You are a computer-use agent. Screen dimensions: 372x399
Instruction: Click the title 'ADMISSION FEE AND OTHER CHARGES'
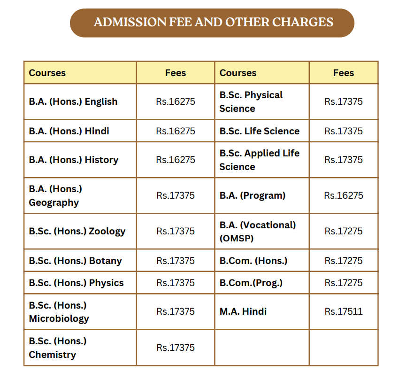click(x=213, y=22)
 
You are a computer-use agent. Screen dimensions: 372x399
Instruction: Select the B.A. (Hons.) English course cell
click(x=73, y=101)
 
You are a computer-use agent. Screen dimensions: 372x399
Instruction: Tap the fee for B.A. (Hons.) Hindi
click(x=176, y=131)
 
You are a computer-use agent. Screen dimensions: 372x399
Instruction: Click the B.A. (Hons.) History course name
click(x=74, y=160)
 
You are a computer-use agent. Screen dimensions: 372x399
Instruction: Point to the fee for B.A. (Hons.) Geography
click(x=176, y=195)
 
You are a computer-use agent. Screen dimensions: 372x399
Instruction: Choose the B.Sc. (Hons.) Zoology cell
click(x=77, y=231)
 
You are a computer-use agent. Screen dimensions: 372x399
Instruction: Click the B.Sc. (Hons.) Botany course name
click(x=75, y=261)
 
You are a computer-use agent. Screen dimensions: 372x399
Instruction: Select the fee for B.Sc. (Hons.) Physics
click(x=176, y=283)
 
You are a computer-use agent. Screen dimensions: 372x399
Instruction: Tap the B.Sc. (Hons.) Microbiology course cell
click(x=59, y=312)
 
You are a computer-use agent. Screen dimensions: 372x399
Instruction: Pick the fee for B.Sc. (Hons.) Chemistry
click(x=176, y=348)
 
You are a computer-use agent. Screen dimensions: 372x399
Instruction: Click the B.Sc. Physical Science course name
click(x=251, y=101)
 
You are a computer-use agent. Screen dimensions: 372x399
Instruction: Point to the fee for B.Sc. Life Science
click(x=344, y=131)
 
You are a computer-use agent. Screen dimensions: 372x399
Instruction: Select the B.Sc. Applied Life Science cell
click(x=259, y=160)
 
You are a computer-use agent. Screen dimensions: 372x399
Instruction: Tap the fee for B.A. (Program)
click(x=344, y=195)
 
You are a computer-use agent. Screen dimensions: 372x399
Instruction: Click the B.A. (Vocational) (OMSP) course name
click(x=258, y=231)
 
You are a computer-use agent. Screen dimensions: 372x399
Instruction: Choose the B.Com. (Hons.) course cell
click(x=253, y=261)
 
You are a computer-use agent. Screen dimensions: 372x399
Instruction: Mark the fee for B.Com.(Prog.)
click(x=344, y=283)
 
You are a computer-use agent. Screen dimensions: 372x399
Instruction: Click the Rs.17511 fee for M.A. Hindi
click(x=344, y=311)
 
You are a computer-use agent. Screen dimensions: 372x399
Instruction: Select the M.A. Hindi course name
click(x=243, y=311)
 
